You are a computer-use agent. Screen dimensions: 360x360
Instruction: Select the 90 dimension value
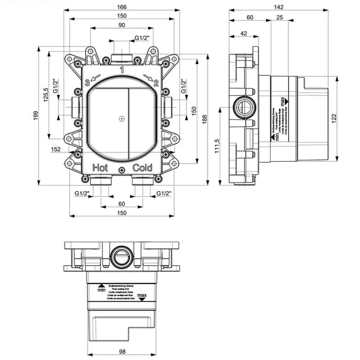pyautogui.click(x=122, y=25)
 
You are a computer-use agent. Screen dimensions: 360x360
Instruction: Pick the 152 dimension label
pyautogui.click(x=55, y=149)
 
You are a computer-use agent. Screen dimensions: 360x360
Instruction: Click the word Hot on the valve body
pyautogui.click(x=100, y=168)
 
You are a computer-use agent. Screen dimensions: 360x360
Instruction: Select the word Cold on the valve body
pyautogui.click(x=142, y=168)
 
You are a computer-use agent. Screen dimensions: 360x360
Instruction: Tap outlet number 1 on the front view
pyautogui.click(x=121, y=69)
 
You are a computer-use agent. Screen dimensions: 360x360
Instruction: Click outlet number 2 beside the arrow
pyautogui.click(x=156, y=82)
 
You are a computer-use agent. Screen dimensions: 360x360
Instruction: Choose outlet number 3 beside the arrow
pyautogui.click(x=87, y=82)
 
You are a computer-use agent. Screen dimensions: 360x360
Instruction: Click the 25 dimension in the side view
pyautogui.click(x=279, y=17)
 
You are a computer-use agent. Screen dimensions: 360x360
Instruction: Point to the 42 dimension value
pyautogui.click(x=243, y=33)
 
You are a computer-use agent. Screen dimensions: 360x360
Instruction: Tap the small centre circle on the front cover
pyautogui.click(x=121, y=119)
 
